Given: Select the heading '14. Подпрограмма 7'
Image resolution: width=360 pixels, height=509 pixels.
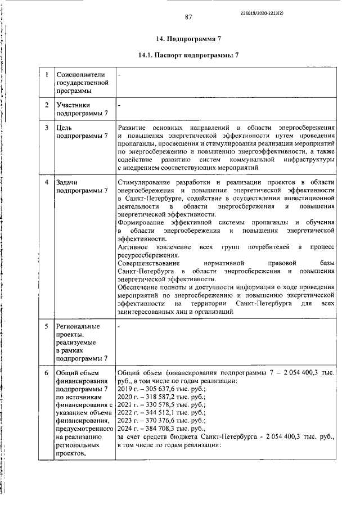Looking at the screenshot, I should [188, 39].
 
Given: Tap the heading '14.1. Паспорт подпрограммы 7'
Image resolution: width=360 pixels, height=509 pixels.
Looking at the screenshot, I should [188, 56].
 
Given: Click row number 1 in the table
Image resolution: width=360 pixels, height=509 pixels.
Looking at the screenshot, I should [46, 74].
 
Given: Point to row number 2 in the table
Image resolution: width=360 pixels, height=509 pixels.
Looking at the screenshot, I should [46, 105].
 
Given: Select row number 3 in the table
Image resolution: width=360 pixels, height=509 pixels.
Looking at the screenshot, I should [46, 128].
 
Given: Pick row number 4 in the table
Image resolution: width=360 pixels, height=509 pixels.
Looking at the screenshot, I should [46, 183].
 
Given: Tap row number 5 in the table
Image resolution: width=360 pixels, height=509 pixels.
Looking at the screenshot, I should [46, 326].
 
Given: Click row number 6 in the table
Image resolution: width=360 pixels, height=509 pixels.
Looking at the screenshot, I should [46, 372].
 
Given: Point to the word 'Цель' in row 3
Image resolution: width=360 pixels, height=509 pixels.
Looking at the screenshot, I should [64, 128].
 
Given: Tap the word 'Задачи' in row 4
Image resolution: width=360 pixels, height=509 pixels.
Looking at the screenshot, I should [67, 183].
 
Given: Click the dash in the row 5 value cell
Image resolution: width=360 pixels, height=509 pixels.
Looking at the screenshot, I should [119, 326].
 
